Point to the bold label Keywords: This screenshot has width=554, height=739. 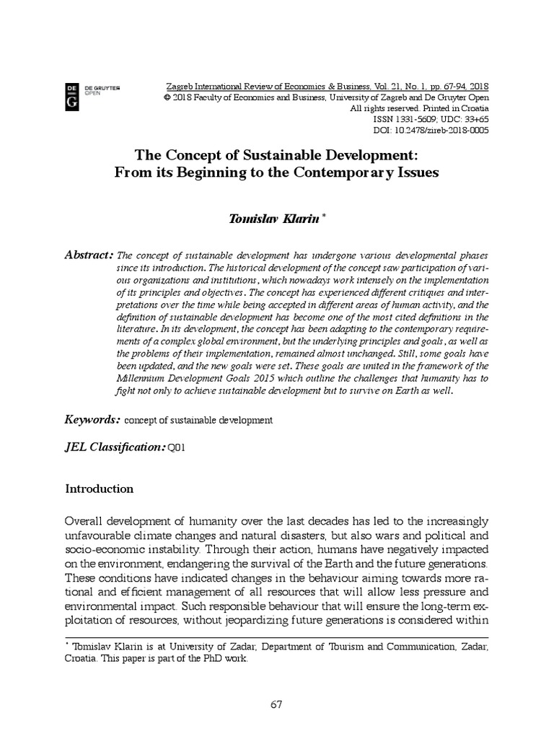pyautogui.click(x=92, y=419)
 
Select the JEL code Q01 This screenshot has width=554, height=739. pyautogui.click(x=177, y=448)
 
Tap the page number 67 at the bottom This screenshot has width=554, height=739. pyautogui.click(x=276, y=705)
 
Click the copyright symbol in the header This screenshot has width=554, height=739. pyautogui.click(x=167, y=97)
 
